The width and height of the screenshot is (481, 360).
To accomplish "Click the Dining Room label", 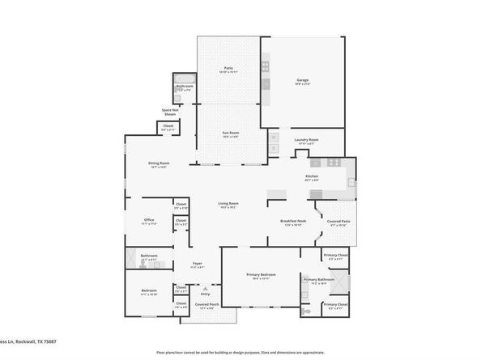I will [x=158, y=164].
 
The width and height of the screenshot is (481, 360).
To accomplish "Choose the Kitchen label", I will [x=312, y=176].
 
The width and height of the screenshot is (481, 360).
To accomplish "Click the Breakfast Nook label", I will [x=292, y=222].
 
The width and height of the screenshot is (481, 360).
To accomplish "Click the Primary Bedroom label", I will [x=262, y=275].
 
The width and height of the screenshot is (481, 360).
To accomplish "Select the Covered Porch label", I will [x=207, y=305].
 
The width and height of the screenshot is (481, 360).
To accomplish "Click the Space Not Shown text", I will [x=170, y=112].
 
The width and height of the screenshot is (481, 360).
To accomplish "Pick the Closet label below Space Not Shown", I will [x=168, y=125].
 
